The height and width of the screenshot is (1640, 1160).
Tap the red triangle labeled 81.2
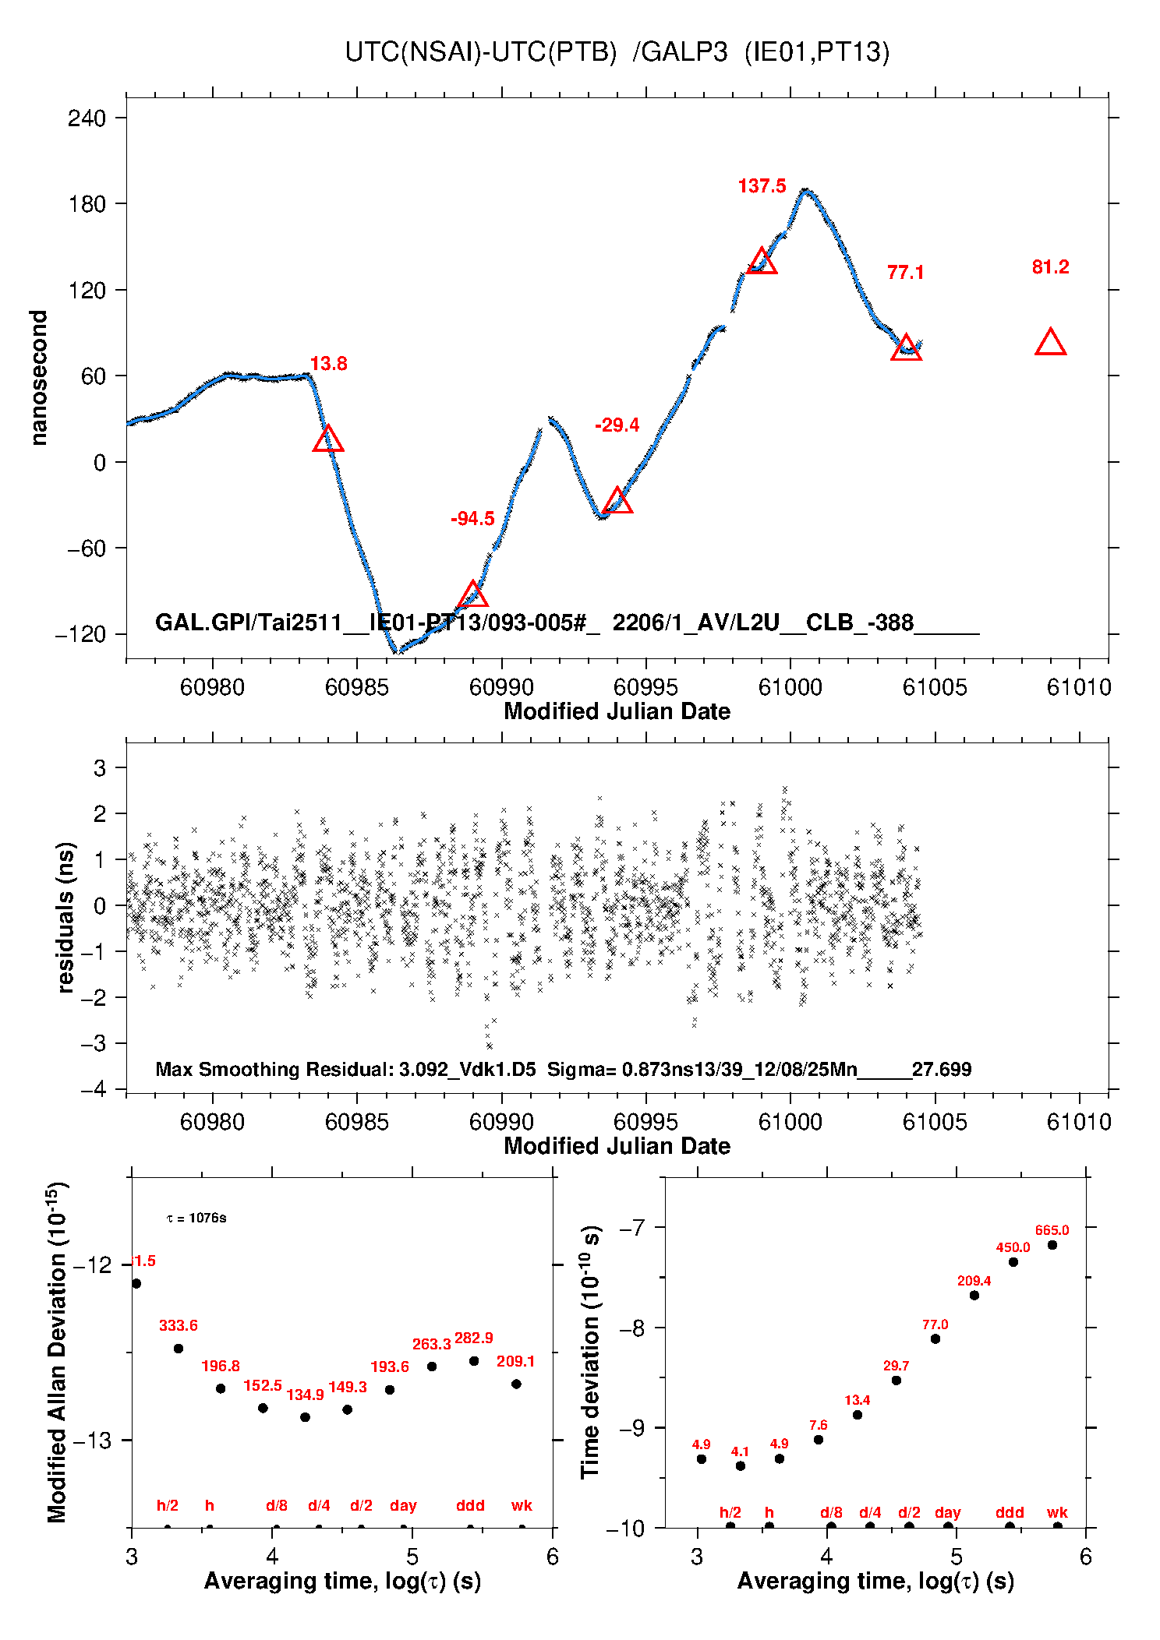(x=1050, y=343)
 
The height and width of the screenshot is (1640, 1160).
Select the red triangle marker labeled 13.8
(x=328, y=439)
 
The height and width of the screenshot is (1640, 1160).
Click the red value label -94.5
(x=472, y=519)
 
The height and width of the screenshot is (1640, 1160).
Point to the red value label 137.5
(x=762, y=186)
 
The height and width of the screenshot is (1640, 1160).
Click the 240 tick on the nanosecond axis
(x=87, y=118)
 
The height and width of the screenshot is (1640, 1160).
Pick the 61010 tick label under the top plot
(x=1079, y=687)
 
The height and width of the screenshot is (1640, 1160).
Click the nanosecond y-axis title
(x=38, y=378)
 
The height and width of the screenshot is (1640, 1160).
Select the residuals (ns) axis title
(x=65, y=917)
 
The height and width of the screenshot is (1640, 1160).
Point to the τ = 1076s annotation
(x=196, y=1218)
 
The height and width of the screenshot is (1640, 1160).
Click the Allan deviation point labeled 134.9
(x=306, y=1417)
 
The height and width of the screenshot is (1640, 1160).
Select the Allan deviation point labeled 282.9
(x=474, y=1361)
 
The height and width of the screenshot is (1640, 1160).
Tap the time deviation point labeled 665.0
(x=1052, y=1245)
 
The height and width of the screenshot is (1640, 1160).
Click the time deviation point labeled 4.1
(x=741, y=1465)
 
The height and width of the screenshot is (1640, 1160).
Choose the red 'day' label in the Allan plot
(x=403, y=1505)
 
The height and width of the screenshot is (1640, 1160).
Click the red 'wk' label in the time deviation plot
(x=1057, y=1512)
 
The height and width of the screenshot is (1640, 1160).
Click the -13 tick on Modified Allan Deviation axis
(x=92, y=1441)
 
